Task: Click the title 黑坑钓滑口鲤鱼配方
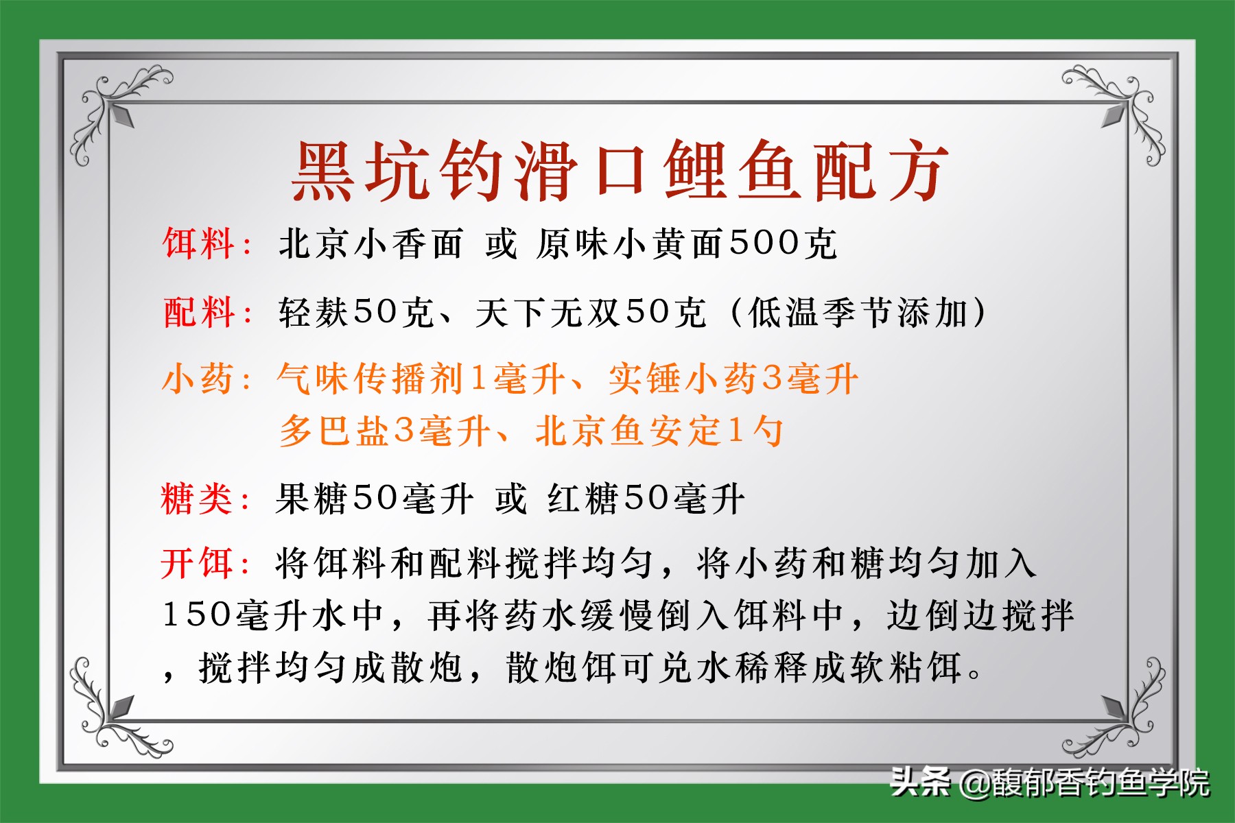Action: [620, 171]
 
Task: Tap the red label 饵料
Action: [198, 244]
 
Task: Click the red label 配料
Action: [198, 313]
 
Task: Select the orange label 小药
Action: [198, 379]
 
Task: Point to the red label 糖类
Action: [197, 499]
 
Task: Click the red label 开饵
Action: [197, 564]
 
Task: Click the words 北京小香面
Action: [370, 244]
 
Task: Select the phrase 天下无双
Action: [549, 313]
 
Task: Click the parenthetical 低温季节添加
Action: [858, 313]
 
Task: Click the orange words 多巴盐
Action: [336, 431]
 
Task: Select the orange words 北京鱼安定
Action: [628, 431]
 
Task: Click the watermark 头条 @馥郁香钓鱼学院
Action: [1050, 783]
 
